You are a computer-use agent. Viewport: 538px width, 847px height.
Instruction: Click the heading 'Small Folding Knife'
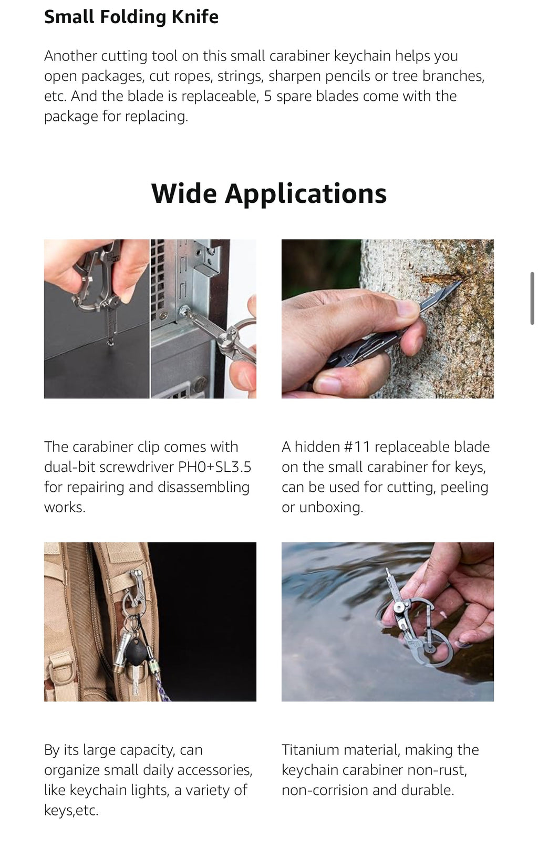131,17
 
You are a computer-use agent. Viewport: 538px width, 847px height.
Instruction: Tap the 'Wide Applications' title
269,193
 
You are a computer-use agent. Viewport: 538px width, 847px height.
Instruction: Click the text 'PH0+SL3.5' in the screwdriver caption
214,467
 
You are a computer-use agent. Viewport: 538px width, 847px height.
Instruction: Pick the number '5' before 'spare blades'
268,96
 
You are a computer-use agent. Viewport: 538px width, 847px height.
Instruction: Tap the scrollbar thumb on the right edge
532,298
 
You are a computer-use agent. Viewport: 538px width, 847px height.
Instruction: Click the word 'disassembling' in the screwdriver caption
203,488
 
